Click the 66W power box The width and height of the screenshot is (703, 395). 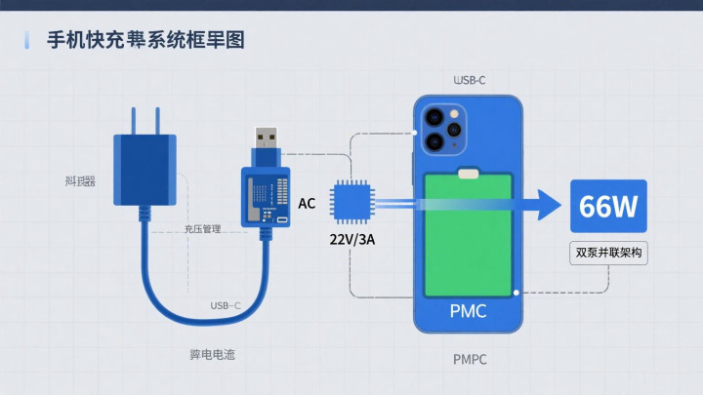click(608, 207)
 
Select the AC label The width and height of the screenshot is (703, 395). click(307, 204)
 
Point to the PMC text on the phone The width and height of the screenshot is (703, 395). click(468, 312)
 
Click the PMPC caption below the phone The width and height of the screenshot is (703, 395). click(470, 360)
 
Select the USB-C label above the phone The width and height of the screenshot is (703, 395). click(470, 80)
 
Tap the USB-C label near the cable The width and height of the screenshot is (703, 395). click(226, 306)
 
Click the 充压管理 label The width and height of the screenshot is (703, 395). click(202, 229)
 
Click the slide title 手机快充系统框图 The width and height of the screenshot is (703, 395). click(145, 40)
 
